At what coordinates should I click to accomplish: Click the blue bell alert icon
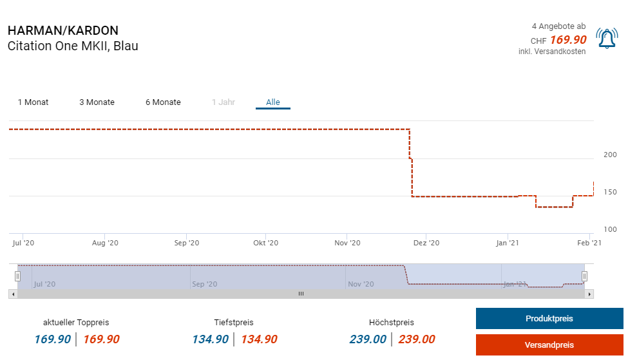click(607, 39)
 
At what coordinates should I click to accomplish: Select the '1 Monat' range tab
click(33, 102)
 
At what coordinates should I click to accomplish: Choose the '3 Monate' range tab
click(97, 102)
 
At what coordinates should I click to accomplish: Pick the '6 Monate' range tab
click(163, 102)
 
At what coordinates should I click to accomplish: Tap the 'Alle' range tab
click(273, 102)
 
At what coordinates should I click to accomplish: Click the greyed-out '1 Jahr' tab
click(224, 102)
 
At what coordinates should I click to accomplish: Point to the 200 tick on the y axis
click(610, 155)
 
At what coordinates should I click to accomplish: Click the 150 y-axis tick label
click(610, 192)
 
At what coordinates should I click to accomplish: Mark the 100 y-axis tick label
click(610, 229)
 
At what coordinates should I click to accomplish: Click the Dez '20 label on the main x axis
click(426, 243)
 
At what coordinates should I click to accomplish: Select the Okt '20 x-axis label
click(265, 243)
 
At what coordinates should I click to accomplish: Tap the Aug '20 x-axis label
click(105, 243)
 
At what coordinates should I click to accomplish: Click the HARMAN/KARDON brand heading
click(63, 31)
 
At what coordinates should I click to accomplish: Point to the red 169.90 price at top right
click(568, 40)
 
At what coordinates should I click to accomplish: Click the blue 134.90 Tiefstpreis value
click(210, 339)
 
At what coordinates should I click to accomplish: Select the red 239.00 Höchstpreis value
click(416, 339)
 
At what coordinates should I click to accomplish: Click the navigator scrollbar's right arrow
click(589, 294)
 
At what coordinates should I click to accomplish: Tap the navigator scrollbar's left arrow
click(12, 294)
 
